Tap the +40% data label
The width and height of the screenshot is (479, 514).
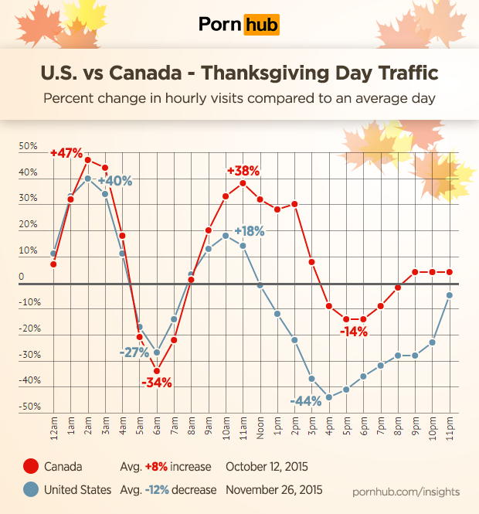tap(115, 181)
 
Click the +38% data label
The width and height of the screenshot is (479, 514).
tap(243, 171)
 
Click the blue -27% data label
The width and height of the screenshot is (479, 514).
tap(134, 352)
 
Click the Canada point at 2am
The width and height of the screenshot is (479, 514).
tap(88, 160)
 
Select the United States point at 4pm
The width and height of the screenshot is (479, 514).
tap(329, 397)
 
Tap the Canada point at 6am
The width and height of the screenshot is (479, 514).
tap(157, 370)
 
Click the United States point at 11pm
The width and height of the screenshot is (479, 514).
tap(449, 295)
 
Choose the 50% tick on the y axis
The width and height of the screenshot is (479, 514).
tap(28, 145)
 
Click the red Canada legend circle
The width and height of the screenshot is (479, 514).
tap(30, 467)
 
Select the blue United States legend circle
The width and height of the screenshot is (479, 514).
tap(30, 490)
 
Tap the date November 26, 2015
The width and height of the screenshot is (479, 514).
tap(274, 490)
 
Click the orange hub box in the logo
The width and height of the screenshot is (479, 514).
tap(261, 24)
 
